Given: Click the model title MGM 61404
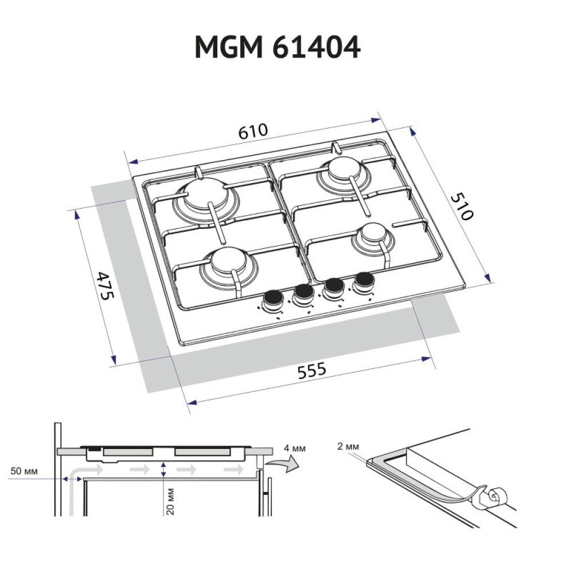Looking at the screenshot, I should (x=278, y=48).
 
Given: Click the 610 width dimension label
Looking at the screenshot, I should (x=253, y=131).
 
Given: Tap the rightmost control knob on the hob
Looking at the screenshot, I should (x=363, y=281).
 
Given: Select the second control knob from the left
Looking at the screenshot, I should (x=303, y=293).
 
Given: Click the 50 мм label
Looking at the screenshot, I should (x=24, y=471).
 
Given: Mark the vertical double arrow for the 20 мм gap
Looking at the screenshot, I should (x=164, y=470).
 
